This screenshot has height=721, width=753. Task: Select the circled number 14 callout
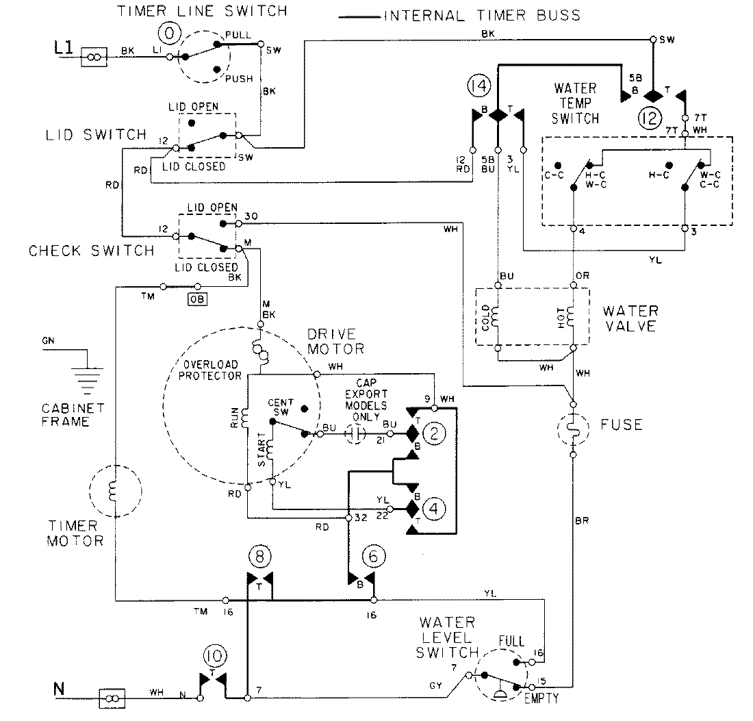pos(479,86)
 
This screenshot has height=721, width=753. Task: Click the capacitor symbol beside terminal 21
pos(355,433)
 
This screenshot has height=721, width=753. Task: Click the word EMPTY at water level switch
pos(541,699)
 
